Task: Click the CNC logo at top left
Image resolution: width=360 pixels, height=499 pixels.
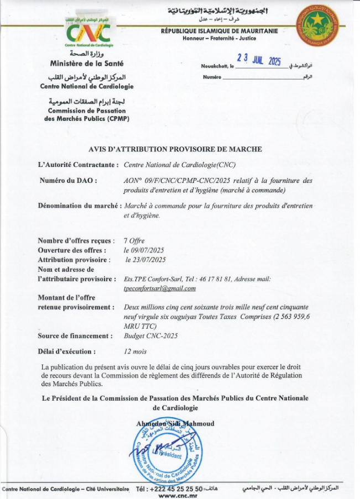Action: tap(88, 32)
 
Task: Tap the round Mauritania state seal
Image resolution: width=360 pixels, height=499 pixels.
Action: tap(318, 25)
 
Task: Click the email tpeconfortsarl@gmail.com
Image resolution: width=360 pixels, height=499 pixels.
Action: tap(160, 288)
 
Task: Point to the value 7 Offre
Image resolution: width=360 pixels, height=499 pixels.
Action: tap(134, 241)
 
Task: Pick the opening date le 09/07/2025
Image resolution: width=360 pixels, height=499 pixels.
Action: tap(144, 250)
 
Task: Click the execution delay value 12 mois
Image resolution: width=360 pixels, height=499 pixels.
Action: tap(135, 351)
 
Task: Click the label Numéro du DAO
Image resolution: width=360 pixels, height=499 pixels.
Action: tap(69, 181)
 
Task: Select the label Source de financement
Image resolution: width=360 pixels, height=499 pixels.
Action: tap(75, 336)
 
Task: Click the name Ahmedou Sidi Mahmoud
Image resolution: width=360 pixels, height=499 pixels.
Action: tap(175, 423)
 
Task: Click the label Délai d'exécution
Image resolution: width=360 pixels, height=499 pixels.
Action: tap(67, 351)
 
